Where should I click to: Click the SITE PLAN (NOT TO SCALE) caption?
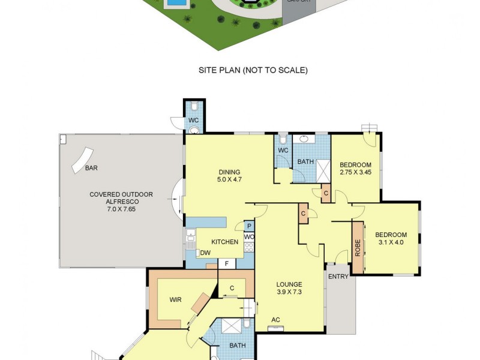point(253,70)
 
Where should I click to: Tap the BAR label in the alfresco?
point(91,169)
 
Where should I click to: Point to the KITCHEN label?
point(225,242)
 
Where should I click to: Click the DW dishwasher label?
point(205,253)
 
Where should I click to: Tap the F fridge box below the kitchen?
point(227,263)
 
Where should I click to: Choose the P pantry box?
point(249,226)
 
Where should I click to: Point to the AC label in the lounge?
point(276,320)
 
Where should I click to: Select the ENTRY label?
point(338,277)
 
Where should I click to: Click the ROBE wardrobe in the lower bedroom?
point(358,248)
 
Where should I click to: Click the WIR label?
point(176,299)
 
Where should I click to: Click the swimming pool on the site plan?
point(176,4)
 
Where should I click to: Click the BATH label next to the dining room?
point(306,161)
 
